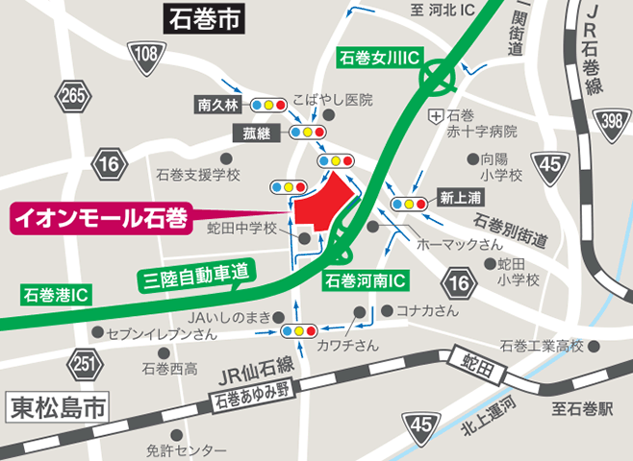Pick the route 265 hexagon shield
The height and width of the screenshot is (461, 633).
click(x=70, y=96)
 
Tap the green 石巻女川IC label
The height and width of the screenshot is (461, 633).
click(x=378, y=59)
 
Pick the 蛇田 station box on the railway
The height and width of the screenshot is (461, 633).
click(x=466, y=358)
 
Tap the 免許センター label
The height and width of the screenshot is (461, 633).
click(x=187, y=449)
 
